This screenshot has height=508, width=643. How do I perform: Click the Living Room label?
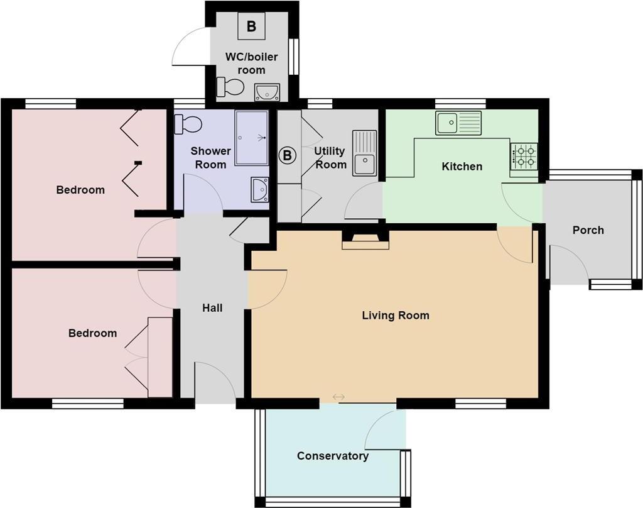(396, 315)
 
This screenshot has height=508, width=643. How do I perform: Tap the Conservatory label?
(333, 456)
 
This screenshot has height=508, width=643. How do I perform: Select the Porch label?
(588, 230)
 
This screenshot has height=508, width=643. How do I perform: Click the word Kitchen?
(462, 167)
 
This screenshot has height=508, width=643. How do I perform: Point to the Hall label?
(212, 308)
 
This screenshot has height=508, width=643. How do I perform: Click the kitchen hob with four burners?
(524, 157)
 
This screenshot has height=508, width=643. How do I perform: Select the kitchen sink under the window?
(458, 123)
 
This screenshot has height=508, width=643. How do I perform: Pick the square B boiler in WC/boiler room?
(251, 26)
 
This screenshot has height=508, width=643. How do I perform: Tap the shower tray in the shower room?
(251, 138)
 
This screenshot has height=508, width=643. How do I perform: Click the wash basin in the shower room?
(259, 190)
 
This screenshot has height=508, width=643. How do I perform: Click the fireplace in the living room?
(365, 240)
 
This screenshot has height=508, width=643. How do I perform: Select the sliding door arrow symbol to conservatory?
(338, 397)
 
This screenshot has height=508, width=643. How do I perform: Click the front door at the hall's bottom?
(215, 383)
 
